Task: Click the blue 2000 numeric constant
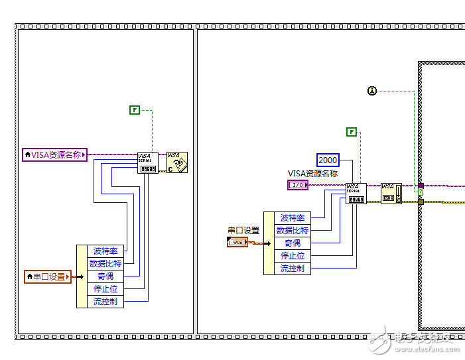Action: coord(328,160)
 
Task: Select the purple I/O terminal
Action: coord(298,185)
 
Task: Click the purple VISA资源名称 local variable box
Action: coord(55,154)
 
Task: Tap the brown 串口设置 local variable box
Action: coord(47,276)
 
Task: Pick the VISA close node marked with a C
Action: coord(177,162)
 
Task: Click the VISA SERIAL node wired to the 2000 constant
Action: coord(356,194)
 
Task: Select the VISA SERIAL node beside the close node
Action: coord(147,162)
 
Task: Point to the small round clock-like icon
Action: coord(372,91)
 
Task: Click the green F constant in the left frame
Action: coord(135,109)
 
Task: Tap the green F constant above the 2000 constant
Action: coord(352,132)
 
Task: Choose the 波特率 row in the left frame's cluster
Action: coord(105,251)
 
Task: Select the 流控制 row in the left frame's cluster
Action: coord(105,302)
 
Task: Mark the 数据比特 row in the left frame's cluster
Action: coord(105,264)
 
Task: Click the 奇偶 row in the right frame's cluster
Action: coord(293,243)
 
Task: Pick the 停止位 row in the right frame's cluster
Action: coord(293,256)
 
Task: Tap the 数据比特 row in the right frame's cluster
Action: coord(293,231)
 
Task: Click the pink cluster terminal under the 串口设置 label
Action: coord(237,243)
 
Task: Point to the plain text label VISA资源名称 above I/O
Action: coord(312,174)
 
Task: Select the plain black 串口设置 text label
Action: coord(243,231)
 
